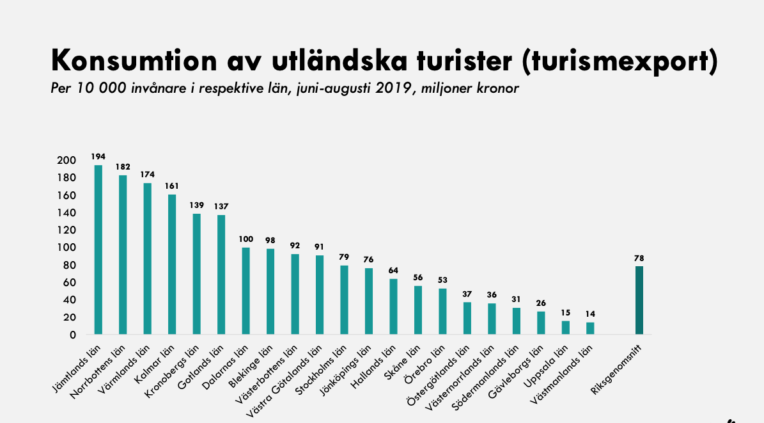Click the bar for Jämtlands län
98,250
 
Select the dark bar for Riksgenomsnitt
639,300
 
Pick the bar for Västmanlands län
590,328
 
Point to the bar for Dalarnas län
246,291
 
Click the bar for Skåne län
418,310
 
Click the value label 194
98,156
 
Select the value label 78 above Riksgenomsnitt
639,258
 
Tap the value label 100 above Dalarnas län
246,239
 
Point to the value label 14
590,314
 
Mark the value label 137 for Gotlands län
221,206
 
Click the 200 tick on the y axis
67,160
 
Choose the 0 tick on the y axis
72,335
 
